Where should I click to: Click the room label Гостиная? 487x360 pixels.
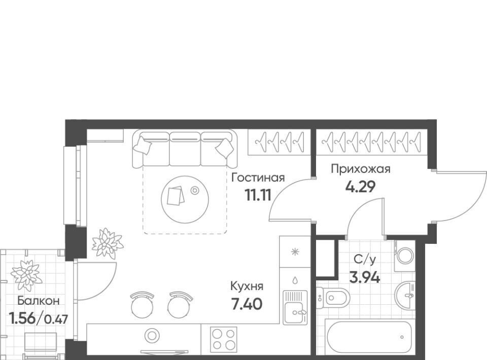pyautogui.click(x=258, y=178)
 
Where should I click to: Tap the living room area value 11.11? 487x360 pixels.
pyautogui.click(x=258, y=195)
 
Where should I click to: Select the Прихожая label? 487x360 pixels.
pyautogui.click(x=360, y=169)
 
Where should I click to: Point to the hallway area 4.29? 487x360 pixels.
pyautogui.click(x=361, y=187)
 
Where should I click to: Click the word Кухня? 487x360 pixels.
pyautogui.click(x=247, y=286)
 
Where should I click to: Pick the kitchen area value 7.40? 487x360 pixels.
pyautogui.click(x=247, y=304)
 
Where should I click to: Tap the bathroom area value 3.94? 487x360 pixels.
pyautogui.click(x=365, y=277)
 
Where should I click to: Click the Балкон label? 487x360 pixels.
pyautogui.click(x=38, y=300)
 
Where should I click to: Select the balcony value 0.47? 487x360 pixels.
pyautogui.click(x=56, y=319)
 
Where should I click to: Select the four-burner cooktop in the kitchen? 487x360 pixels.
pyautogui.click(x=223, y=339)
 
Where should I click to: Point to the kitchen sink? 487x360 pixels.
pyautogui.click(x=295, y=307)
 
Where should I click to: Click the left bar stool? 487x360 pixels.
pyautogui.click(x=142, y=304)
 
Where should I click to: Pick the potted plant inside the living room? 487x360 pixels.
pyautogui.click(x=108, y=243)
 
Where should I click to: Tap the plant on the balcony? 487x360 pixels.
pyautogui.click(x=26, y=275)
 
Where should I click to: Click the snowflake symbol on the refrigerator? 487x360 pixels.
pyautogui.click(x=295, y=251)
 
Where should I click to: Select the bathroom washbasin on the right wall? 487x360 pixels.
pyautogui.click(x=405, y=296)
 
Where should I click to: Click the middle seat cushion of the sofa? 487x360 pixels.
pyautogui.click(x=185, y=149)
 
